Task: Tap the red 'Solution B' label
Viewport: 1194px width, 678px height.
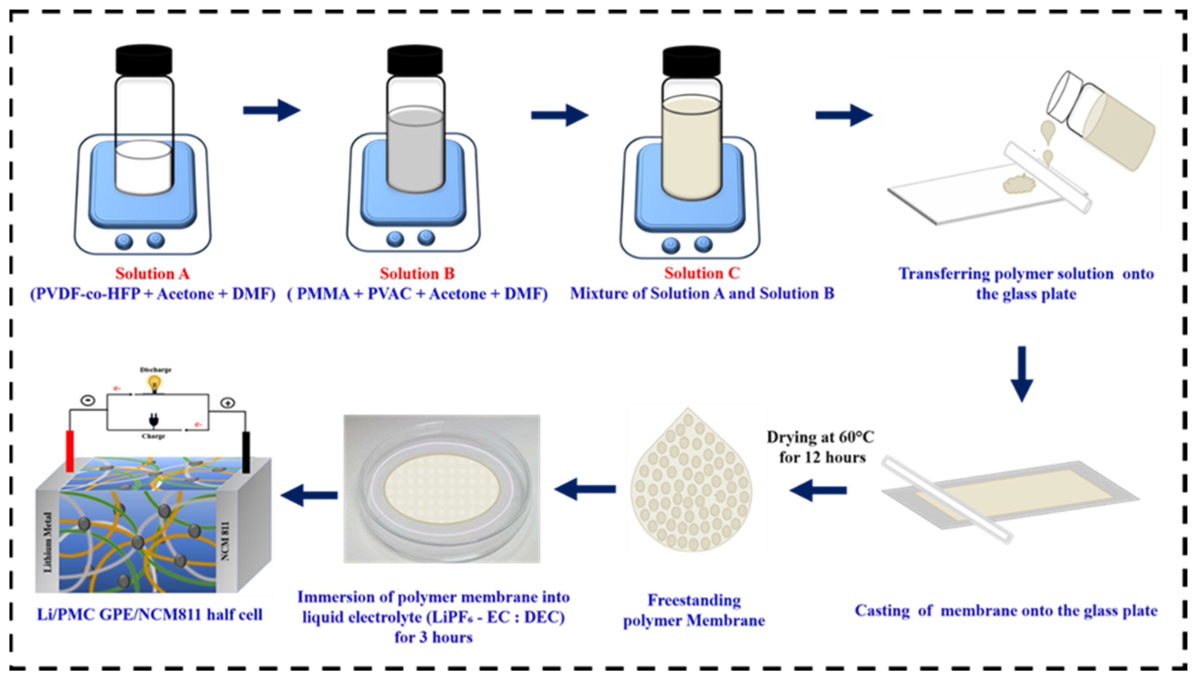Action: [417, 273]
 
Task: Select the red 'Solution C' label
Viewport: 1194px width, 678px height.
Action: [702, 273]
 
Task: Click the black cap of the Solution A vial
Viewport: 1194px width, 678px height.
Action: [144, 60]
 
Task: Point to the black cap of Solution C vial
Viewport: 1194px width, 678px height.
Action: [691, 62]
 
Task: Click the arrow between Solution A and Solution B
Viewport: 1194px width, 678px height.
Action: [272, 111]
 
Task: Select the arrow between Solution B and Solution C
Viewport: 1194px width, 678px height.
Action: [559, 115]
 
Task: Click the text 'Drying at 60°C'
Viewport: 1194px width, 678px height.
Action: [820, 437]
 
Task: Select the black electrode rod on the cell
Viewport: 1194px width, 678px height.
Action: [246, 452]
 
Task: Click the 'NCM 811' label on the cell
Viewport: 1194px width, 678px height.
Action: [225, 541]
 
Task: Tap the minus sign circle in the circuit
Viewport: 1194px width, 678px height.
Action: [88, 400]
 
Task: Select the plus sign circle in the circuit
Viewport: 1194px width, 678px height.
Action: [228, 403]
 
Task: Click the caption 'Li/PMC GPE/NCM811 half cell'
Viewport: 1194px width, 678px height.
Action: [150, 615]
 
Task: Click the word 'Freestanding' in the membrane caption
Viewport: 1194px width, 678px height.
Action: [694, 600]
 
